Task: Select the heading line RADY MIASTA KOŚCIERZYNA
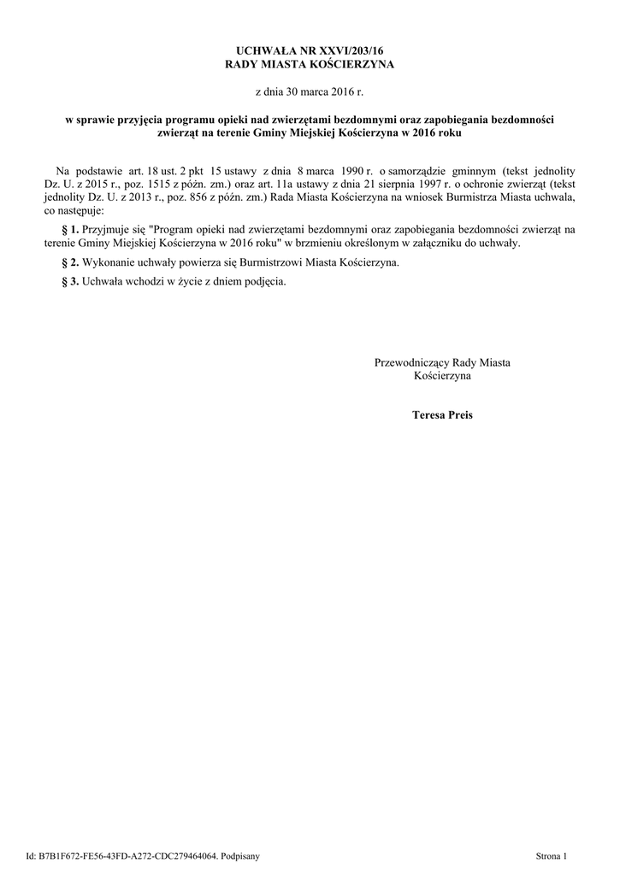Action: [310, 65]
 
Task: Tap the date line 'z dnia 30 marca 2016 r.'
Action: [310, 91]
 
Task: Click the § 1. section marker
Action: [71, 230]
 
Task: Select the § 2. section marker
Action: [71, 262]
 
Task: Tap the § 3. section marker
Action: [71, 281]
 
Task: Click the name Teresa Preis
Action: [442, 415]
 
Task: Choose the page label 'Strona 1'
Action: [551, 855]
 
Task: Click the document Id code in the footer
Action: [127, 855]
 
